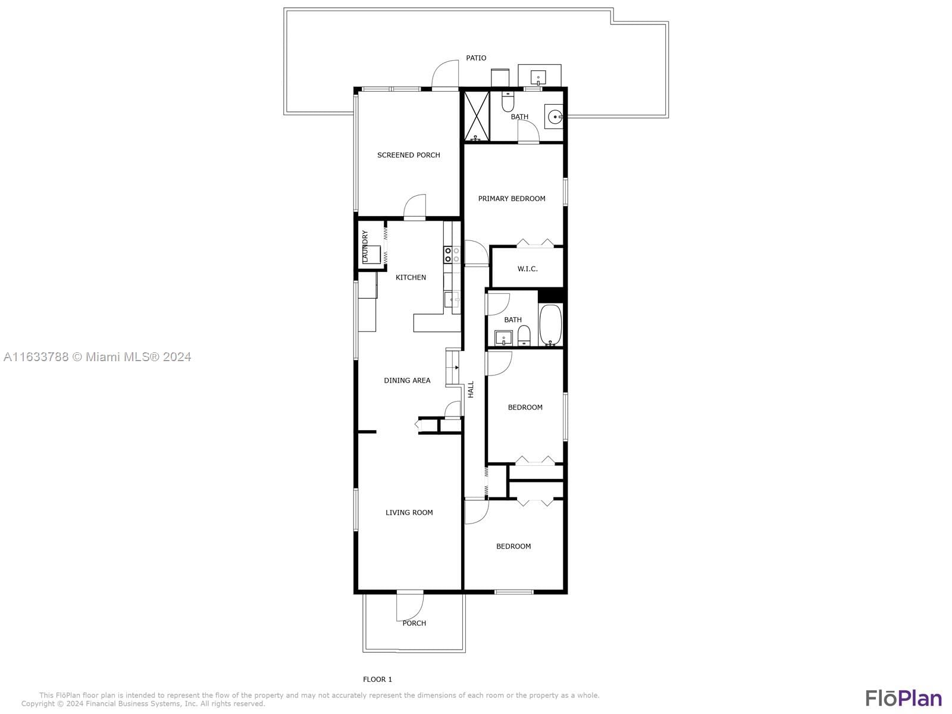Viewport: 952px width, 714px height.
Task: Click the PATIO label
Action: [x=476, y=58]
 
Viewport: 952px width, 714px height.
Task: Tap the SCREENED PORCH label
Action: [x=409, y=155]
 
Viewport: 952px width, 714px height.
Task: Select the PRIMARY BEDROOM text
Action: [x=512, y=199]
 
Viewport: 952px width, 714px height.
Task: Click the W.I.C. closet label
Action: [x=527, y=269]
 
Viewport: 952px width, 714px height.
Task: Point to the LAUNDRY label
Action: [x=365, y=245]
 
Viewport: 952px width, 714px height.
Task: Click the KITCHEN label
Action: [x=411, y=277]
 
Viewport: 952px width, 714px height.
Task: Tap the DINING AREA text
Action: [x=407, y=380]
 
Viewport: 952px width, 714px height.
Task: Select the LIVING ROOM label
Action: [x=409, y=512]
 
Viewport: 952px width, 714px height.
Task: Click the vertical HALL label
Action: [x=471, y=390]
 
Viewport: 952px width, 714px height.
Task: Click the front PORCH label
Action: [x=414, y=623]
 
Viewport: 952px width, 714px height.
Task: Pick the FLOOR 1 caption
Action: [x=377, y=679]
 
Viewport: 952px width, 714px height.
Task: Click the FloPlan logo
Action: [x=903, y=698]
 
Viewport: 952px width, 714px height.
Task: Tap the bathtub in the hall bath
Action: [x=550, y=325]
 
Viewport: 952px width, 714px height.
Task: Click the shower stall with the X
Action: [x=476, y=116]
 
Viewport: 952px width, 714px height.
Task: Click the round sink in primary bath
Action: [x=555, y=117]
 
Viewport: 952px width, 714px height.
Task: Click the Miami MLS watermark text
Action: [x=98, y=357]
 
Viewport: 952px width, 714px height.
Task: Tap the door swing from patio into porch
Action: [x=446, y=74]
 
